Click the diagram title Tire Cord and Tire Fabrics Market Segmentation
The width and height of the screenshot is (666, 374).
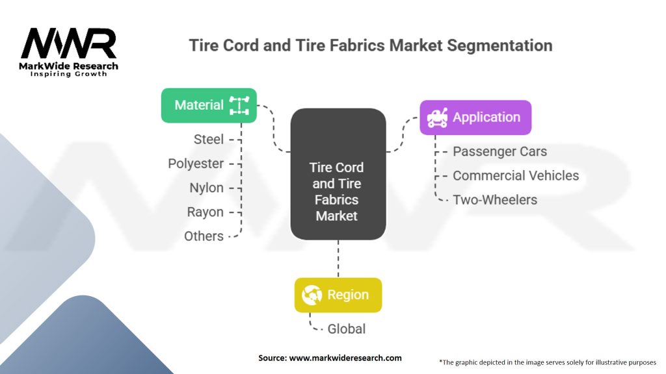(370, 45)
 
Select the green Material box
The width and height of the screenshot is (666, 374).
(209, 105)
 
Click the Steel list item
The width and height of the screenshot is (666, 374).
(208, 139)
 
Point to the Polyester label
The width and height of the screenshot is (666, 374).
(195, 164)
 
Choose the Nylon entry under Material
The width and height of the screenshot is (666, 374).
(206, 188)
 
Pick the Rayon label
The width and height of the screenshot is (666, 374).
(205, 212)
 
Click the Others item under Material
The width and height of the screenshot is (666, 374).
(204, 236)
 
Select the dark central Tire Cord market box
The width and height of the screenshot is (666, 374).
(338, 173)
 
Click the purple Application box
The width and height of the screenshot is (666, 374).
(475, 118)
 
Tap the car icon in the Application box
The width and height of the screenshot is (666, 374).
(436, 118)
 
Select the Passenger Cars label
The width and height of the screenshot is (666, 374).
(499, 151)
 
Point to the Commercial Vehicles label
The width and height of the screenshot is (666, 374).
(515, 175)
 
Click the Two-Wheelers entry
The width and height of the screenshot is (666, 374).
(495, 199)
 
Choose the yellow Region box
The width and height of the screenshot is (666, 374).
(338, 295)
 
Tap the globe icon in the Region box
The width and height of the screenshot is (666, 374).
(312, 295)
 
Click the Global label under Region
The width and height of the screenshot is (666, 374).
(346, 329)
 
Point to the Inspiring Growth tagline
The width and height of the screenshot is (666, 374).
(68, 75)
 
